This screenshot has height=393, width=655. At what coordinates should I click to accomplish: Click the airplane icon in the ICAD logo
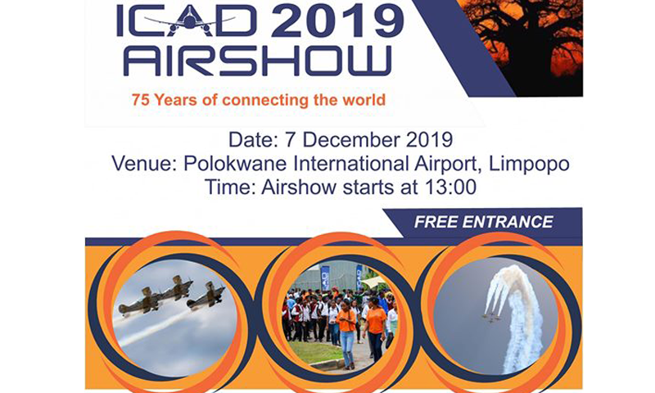coord(190,22)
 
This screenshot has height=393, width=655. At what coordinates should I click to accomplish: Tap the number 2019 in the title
coord(337,20)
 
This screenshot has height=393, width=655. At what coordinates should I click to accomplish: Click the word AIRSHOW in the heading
coord(258,61)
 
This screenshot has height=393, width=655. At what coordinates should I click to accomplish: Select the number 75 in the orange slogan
coord(140,100)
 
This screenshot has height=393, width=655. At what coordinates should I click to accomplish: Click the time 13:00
coord(450,187)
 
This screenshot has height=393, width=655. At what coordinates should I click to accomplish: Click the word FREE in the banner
coord(436,222)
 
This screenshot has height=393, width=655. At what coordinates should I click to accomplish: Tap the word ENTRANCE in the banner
coord(508,222)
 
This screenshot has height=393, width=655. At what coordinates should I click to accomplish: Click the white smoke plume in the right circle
coord(515,314)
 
